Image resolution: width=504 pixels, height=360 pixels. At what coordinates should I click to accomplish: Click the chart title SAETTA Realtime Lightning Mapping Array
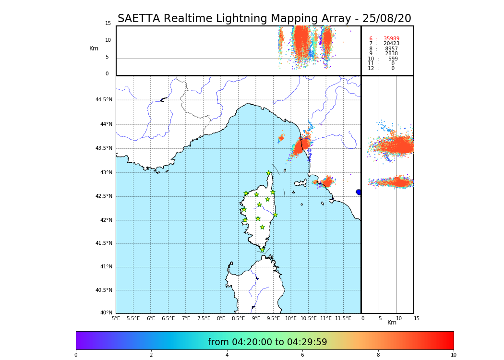click(x=264, y=19)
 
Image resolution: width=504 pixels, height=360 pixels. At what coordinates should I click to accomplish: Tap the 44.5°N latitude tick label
click(x=104, y=100)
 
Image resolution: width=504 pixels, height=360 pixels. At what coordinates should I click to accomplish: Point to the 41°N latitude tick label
click(x=106, y=267)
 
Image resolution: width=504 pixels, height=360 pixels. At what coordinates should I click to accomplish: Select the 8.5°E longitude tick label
click(x=239, y=318)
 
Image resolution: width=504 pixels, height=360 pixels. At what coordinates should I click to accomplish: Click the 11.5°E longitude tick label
click(x=344, y=318)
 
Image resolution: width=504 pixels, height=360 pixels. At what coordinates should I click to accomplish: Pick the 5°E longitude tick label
click(x=116, y=318)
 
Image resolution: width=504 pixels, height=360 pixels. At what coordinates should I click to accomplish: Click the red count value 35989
click(x=391, y=39)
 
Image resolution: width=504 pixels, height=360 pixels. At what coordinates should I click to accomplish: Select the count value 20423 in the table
click(x=391, y=44)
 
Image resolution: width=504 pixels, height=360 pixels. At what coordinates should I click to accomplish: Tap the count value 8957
click(x=391, y=49)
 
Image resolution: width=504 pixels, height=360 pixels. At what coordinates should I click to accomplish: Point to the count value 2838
click(x=391, y=54)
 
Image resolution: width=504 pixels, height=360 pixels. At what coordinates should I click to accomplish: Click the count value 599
click(x=393, y=59)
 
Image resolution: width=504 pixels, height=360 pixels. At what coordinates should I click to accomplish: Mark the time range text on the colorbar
click(x=267, y=342)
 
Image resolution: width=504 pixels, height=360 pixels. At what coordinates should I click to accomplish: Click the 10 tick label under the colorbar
click(x=453, y=355)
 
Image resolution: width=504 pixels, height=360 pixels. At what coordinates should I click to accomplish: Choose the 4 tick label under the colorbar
click(x=227, y=355)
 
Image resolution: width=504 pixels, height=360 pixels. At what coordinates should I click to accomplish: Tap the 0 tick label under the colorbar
click(x=76, y=355)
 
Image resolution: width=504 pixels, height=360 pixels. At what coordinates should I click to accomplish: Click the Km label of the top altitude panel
click(x=94, y=48)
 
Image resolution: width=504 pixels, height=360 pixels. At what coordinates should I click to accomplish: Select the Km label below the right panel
click(x=392, y=323)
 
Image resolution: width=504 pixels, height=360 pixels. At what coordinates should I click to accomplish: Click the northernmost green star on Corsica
click(x=269, y=173)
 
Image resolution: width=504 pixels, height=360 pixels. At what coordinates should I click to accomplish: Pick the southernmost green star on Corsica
click(x=262, y=250)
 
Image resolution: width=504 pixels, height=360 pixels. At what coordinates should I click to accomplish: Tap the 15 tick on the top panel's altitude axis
click(x=108, y=24)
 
